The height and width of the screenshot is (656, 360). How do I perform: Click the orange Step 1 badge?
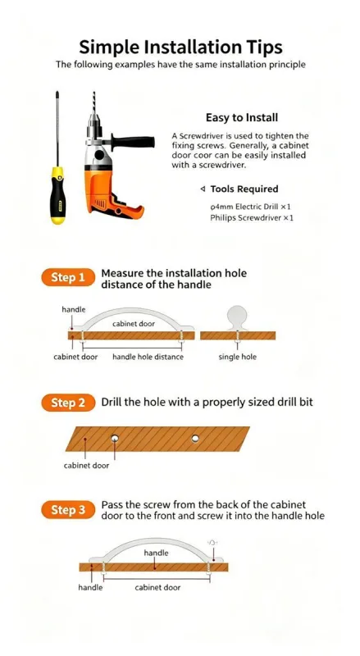(x=68, y=277)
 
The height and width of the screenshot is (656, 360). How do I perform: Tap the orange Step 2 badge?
(x=68, y=403)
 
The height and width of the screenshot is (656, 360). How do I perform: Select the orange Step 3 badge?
(x=68, y=510)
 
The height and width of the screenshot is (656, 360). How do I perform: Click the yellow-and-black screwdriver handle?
(x=57, y=195)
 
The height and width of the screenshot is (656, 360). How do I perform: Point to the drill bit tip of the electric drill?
(x=93, y=93)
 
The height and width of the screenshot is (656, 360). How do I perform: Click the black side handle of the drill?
(x=133, y=143)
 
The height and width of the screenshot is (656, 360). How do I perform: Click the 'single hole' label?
(x=237, y=357)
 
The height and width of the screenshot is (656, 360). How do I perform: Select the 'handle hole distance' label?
(x=148, y=357)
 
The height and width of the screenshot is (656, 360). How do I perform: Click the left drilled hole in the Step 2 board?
(x=114, y=439)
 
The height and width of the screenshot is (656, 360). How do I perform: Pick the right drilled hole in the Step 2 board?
(x=195, y=439)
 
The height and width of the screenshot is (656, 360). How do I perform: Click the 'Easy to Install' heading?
(x=242, y=117)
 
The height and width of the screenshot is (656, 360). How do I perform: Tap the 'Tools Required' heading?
(x=244, y=189)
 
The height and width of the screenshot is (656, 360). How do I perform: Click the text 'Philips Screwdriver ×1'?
(x=252, y=218)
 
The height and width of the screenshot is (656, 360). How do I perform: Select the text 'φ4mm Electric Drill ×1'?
(x=251, y=207)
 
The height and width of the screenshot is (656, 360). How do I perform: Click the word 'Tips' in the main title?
(x=265, y=48)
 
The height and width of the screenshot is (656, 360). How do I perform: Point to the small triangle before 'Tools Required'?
(x=203, y=189)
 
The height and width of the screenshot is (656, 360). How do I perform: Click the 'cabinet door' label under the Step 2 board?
(x=86, y=465)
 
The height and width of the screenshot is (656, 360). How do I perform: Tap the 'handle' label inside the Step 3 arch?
(x=156, y=553)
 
